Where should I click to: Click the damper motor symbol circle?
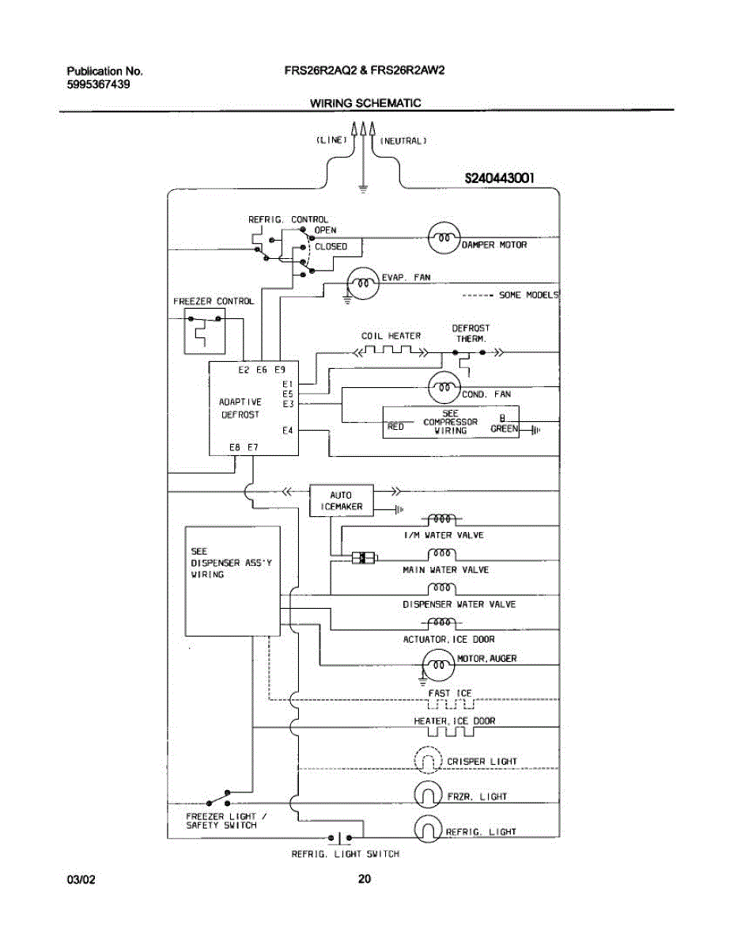(x=443, y=237)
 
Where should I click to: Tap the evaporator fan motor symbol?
(x=363, y=282)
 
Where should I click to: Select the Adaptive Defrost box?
(x=253, y=408)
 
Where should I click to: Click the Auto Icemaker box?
(x=341, y=500)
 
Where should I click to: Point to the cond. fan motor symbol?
(x=444, y=388)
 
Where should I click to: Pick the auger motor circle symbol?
(x=437, y=664)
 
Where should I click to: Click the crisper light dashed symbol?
(x=428, y=761)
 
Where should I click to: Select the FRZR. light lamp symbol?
(x=428, y=795)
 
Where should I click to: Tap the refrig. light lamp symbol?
(x=428, y=830)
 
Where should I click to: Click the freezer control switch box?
(x=204, y=331)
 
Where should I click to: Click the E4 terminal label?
(x=288, y=431)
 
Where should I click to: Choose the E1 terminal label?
(x=288, y=383)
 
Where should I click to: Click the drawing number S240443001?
(x=499, y=179)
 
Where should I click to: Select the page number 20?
(x=364, y=878)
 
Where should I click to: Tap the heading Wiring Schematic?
(x=365, y=103)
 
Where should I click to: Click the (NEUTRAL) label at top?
(x=404, y=141)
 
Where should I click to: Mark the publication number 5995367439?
(x=99, y=83)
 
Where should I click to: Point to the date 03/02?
(x=80, y=879)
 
